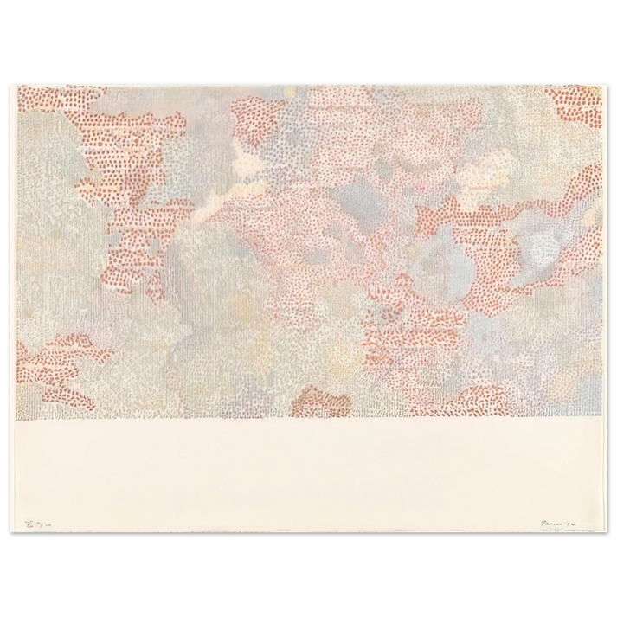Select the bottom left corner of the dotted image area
point(16,419)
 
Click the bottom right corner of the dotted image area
point(601,419)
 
